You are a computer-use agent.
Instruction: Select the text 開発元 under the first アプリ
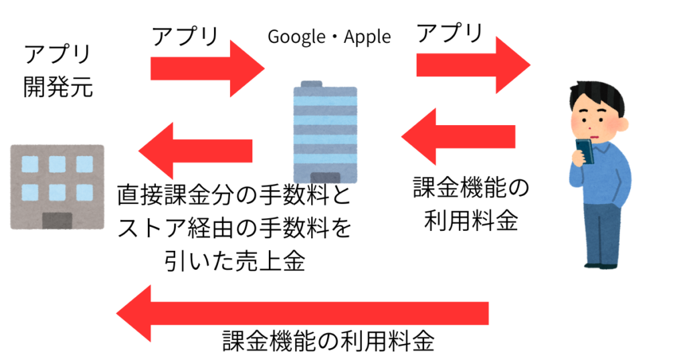coord(58,87)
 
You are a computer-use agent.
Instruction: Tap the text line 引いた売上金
coord(234,262)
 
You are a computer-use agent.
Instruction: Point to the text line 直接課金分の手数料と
coord(234,197)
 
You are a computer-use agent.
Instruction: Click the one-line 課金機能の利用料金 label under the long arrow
coord(328,342)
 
